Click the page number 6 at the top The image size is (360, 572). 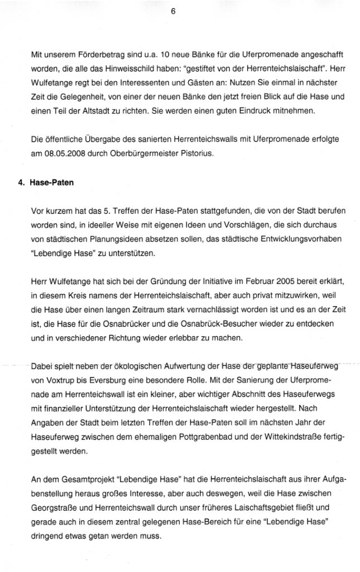pyautogui.click(x=173, y=16)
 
